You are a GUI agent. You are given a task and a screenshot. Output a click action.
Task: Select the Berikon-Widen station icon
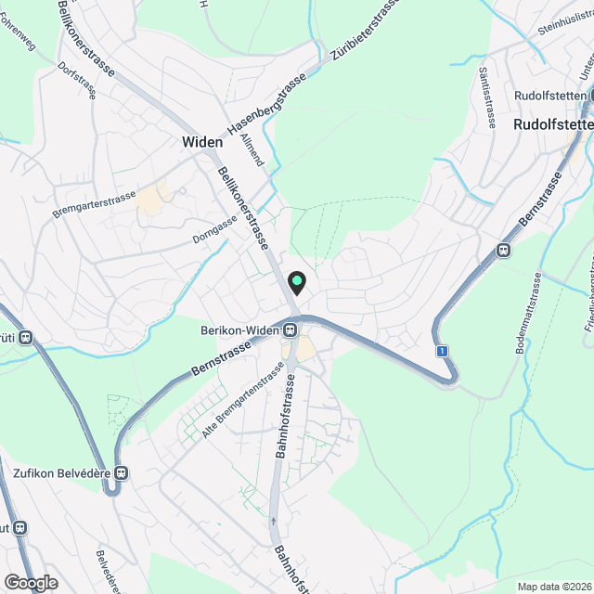coord(291,329)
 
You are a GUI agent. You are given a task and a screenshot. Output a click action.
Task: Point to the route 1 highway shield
coord(444,351)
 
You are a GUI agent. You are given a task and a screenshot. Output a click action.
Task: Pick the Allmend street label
coord(252,149)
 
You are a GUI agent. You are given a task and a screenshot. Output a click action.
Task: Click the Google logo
coord(31,582)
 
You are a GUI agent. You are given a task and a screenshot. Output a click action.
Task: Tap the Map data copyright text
coord(554,587)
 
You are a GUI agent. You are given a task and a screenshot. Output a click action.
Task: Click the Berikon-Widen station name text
coord(240,329)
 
